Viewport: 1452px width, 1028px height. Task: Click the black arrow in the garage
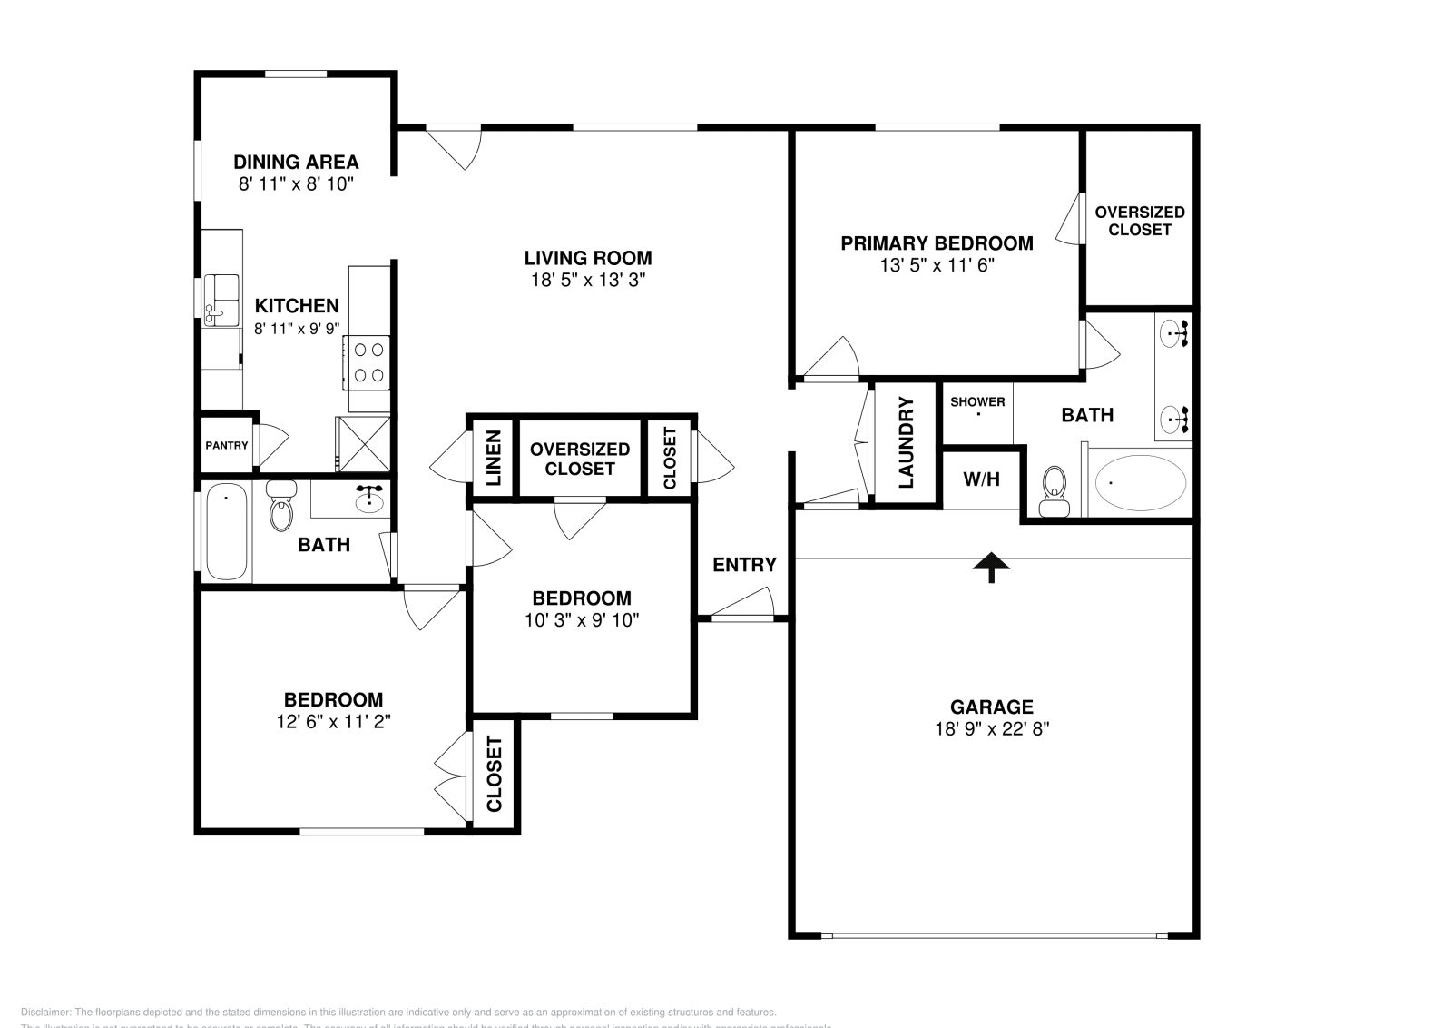[991, 567]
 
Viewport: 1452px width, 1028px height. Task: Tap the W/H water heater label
[981, 479]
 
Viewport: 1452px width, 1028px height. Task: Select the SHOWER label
[977, 401]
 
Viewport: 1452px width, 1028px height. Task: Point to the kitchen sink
[221, 299]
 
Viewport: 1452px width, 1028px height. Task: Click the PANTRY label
[226, 445]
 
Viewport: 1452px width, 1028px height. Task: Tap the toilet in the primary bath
[1054, 489]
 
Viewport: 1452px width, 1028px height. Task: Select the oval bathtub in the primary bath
[1140, 483]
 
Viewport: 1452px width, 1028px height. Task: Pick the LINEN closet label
[493, 458]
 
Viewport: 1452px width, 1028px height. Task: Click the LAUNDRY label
[906, 443]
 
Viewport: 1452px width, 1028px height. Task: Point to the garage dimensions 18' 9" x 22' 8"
[991, 728]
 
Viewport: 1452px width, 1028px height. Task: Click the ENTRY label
[744, 565]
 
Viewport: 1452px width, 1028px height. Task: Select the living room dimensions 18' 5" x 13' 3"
[588, 280]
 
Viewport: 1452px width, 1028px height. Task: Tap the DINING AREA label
[296, 162]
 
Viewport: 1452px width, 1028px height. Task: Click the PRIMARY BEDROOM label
[937, 243]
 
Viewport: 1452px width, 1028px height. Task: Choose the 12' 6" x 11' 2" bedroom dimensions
[333, 722]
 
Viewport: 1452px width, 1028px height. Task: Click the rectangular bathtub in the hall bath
[226, 531]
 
